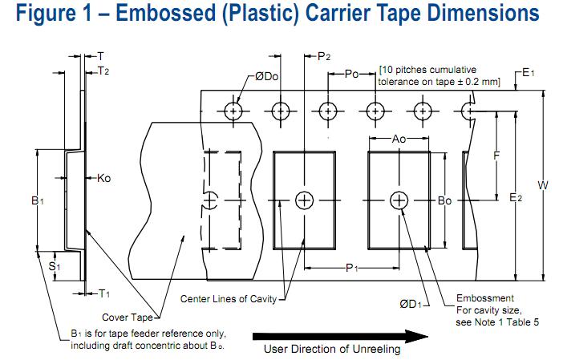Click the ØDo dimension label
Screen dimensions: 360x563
pos(266,77)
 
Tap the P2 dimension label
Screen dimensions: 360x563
pos(324,56)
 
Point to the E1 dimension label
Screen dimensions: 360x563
pos(529,73)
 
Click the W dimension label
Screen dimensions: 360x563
pos(543,186)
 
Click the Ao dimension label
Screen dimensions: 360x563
pos(399,140)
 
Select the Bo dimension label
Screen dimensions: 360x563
pos(445,201)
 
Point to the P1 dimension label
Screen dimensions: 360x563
pos(351,269)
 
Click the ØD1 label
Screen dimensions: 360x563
pos(412,303)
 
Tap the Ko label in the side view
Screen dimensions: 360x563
pos(103,178)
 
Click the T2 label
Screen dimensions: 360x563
pos(103,71)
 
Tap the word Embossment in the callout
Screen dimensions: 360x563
pos(484,298)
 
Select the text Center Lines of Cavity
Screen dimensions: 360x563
pos(229,299)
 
